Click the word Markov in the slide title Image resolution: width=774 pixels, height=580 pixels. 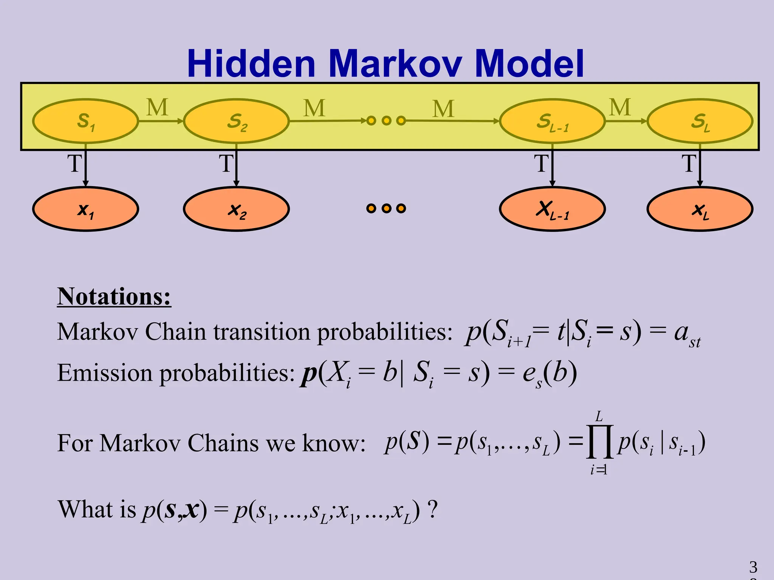coord(395,63)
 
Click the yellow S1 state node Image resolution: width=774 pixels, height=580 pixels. coord(85,121)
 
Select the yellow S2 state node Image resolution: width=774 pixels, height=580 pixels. coord(236,121)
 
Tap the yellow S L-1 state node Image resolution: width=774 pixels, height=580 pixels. coord(552,121)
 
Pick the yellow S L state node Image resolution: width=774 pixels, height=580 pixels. coord(700,121)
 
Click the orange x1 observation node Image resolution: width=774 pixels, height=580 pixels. coord(85,209)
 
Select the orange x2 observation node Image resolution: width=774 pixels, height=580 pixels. coord(236,209)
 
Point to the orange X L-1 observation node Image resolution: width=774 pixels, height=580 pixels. coord(552,209)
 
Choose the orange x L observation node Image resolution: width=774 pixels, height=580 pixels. coord(700,209)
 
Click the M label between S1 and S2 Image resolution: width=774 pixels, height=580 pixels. coord(157,108)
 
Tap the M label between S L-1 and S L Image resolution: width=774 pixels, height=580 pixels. coord(620,108)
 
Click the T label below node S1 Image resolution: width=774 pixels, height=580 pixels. coord(74,164)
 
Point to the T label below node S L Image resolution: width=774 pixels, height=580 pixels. coord(689,164)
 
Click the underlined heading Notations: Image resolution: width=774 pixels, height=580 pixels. coord(114,297)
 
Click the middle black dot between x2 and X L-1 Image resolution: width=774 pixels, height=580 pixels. coord(386,208)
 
